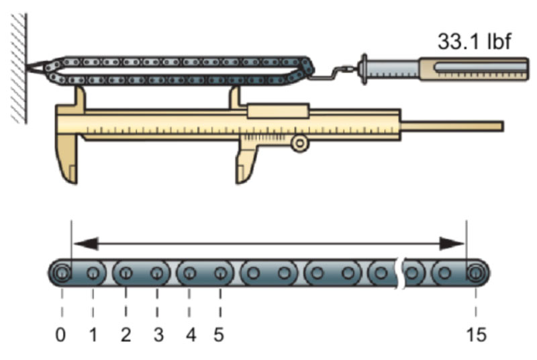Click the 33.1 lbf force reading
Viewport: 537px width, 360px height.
click(x=475, y=42)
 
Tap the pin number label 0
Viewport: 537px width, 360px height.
click(x=61, y=334)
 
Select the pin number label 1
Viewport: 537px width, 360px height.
click(x=93, y=334)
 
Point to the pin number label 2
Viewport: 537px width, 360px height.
click(x=126, y=334)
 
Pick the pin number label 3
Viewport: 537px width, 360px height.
click(x=158, y=334)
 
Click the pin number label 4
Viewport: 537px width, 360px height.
click(x=190, y=334)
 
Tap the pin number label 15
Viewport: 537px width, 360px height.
click(x=476, y=334)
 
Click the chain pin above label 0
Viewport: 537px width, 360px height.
click(x=61, y=273)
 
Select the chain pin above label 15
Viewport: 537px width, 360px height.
click(x=476, y=273)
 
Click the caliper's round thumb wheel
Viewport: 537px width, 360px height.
click(x=299, y=142)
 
